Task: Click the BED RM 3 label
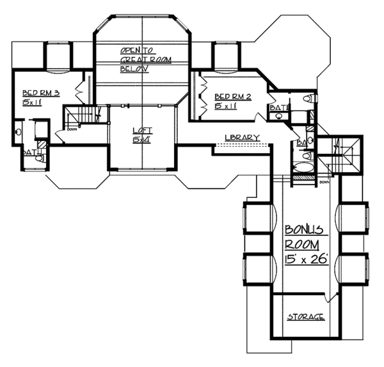41,93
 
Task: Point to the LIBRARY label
243,138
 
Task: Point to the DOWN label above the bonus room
324,182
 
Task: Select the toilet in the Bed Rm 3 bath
19,131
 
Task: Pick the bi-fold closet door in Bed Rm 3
80,90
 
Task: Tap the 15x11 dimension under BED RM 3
32,102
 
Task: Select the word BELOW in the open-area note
134,69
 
